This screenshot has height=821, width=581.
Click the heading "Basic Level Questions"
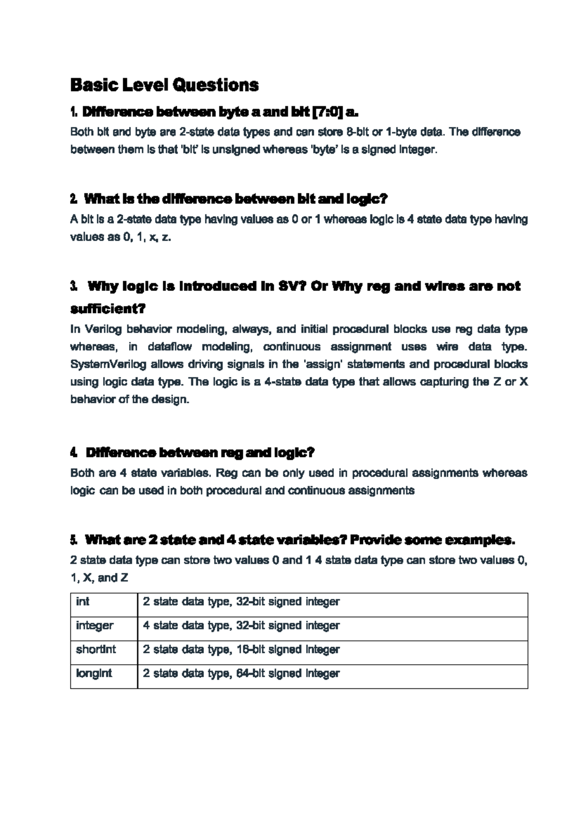[164, 85]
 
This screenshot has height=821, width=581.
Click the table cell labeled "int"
[83, 602]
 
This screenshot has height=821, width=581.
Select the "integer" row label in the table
[94, 625]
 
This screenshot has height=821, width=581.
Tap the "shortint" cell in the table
[96, 649]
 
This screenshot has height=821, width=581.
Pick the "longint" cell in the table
[94, 673]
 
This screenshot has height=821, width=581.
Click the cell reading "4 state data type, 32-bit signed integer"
[241, 625]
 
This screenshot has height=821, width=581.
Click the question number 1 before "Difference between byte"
[74, 112]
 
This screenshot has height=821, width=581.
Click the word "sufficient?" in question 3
[108, 308]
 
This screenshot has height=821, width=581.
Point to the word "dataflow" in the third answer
[169, 347]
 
